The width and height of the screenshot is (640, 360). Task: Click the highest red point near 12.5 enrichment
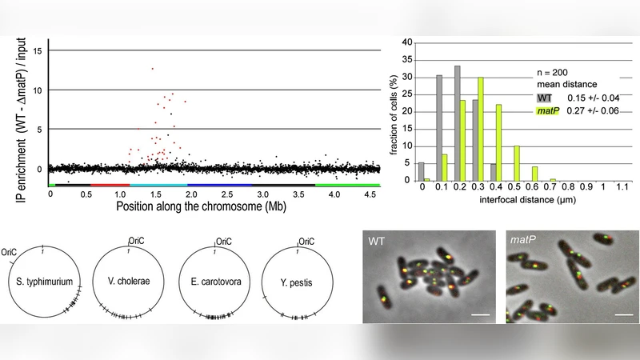152,69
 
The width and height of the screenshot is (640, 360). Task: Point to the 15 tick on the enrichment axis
38,50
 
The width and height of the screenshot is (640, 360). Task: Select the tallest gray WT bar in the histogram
457,123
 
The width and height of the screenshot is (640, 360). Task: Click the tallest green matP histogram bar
481,129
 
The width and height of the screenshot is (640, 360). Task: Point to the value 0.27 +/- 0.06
591,112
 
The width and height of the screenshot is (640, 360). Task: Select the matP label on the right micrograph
522,239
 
